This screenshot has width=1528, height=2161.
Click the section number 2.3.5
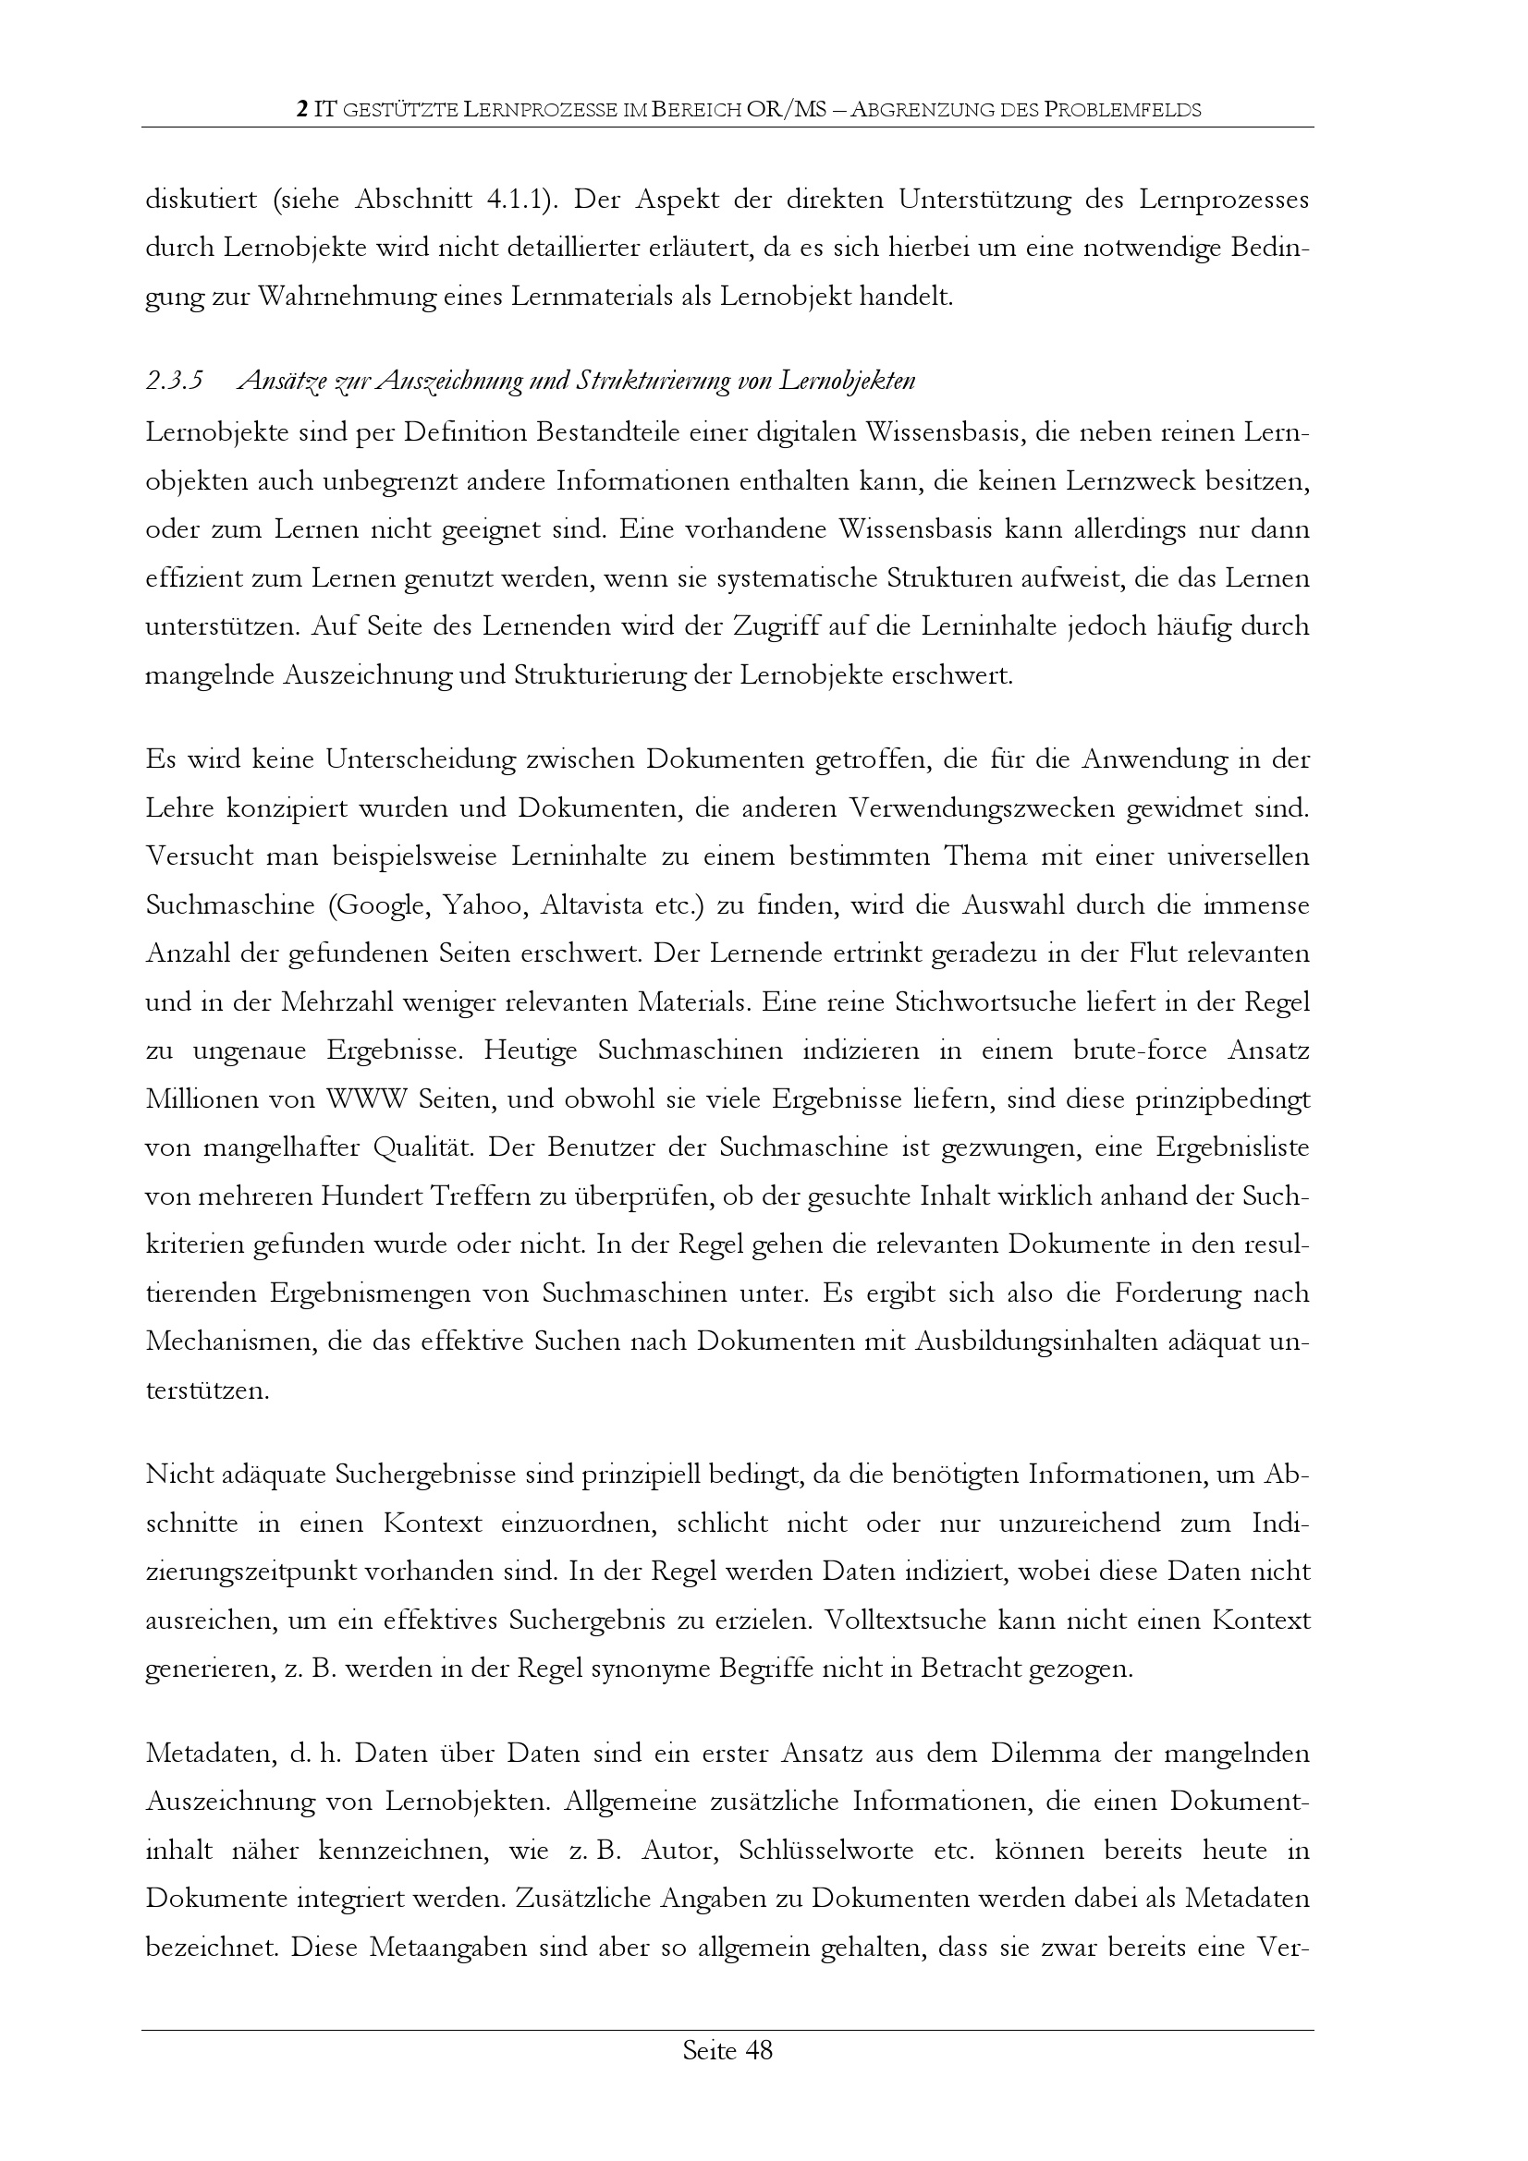[174, 382]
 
